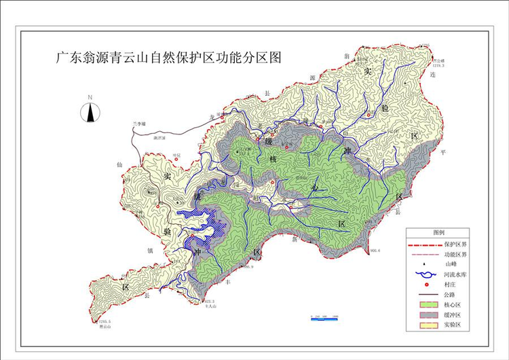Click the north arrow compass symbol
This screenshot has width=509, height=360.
click(90, 111)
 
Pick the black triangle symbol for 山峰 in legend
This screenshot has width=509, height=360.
click(425, 264)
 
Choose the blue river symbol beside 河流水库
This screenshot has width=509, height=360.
click(425, 274)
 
